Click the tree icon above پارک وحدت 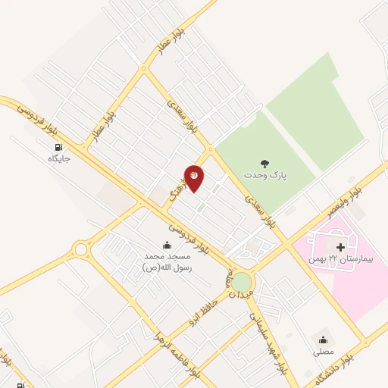pyautogui.click(x=264, y=163)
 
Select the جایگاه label pyautogui.click(x=58, y=159)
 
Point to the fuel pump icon pyautogui.click(x=58, y=148)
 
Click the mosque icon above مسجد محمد pyautogui.click(x=167, y=245)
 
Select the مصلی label pyautogui.click(x=323, y=352)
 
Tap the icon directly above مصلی pyautogui.click(x=324, y=339)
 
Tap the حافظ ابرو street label pyautogui.click(x=205, y=308)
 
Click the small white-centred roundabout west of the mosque pyautogui.click(x=80, y=248)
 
